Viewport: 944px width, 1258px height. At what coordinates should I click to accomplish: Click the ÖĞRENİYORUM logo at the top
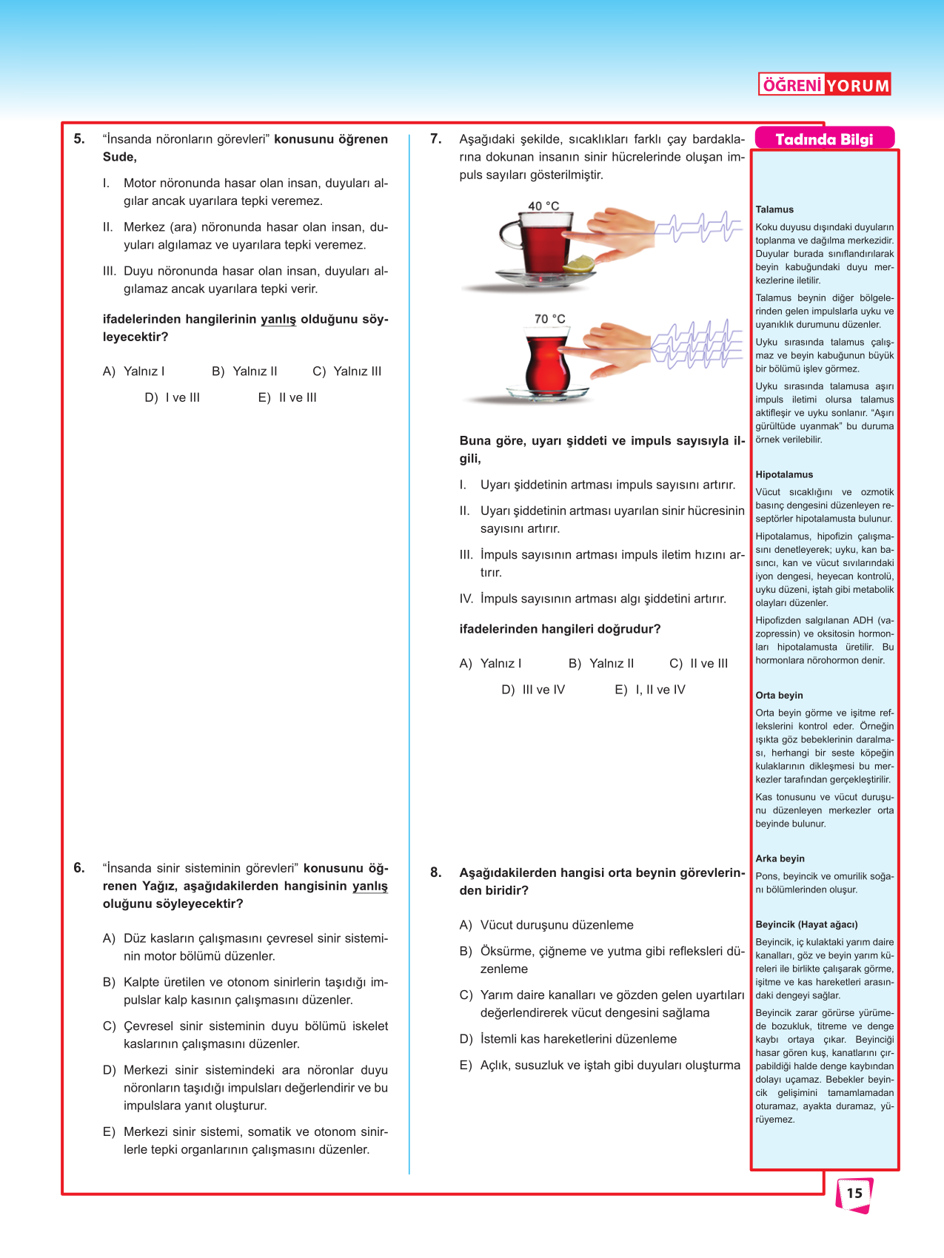pos(824,85)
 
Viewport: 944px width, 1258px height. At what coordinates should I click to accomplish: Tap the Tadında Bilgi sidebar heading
pos(824,139)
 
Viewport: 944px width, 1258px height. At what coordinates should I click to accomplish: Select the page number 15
pos(854,1193)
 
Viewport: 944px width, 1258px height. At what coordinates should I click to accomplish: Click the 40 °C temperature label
pos(543,206)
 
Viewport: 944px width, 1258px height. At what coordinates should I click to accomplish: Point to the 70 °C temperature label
pos(549,319)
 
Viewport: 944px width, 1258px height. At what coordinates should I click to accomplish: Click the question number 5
pos(79,139)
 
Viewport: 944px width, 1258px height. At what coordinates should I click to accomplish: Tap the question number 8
pos(436,872)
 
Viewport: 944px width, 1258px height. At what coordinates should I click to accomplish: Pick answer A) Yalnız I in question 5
pos(134,371)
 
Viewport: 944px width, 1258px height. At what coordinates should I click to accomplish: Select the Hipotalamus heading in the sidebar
pos(784,474)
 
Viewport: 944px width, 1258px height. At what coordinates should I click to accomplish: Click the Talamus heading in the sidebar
pos(774,209)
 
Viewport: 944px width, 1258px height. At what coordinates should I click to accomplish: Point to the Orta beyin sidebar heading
pos(779,696)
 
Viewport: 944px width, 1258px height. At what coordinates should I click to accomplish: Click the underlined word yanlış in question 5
pos(278,320)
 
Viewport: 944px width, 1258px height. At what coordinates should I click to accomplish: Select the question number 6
pos(79,868)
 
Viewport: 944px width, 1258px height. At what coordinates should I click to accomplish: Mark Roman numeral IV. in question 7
pos(466,599)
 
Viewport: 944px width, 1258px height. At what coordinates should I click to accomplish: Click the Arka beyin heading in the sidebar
pos(780,858)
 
